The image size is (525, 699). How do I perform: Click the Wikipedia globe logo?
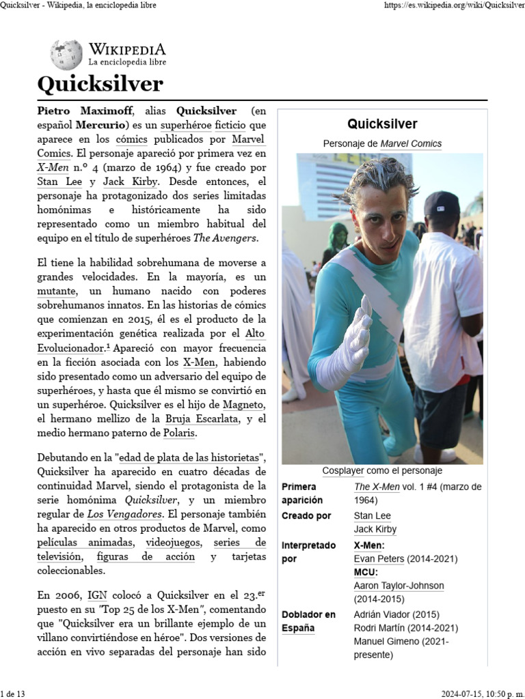pos(66,54)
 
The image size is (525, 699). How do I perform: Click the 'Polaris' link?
pos(180,433)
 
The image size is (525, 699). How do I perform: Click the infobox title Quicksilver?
pos(382,124)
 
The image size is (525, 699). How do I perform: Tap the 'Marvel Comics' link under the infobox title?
pos(411,144)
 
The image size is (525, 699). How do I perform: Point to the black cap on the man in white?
pos(441,203)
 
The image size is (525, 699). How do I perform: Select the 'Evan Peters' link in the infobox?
pos(378,559)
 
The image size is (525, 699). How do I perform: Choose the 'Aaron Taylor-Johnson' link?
pos(399,586)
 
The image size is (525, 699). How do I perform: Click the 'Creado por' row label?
pos(306,515)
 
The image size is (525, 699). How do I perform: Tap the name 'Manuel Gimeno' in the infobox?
pos(388,642)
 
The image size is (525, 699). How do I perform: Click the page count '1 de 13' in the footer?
pos(13,694)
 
